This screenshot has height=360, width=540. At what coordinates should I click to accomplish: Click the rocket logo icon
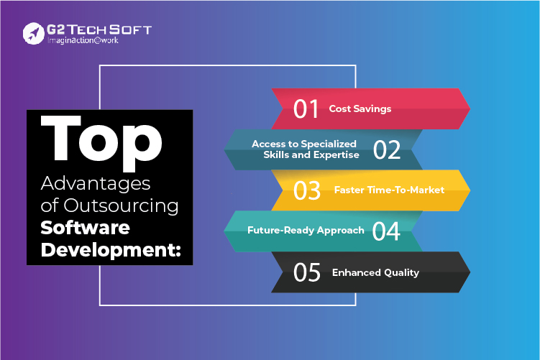33,33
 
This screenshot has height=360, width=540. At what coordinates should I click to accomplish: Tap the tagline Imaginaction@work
83,40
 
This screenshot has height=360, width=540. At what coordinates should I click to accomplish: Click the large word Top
101,142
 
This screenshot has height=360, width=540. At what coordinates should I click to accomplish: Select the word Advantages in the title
96,183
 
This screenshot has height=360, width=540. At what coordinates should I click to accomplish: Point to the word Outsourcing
121,206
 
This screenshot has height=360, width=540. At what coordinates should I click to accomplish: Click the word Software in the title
85,228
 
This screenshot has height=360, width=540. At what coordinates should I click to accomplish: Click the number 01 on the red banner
306,109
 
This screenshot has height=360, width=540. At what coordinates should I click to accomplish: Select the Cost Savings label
360,109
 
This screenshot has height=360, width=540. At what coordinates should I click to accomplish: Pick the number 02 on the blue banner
387,149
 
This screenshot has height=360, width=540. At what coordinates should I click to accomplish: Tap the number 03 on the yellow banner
307,190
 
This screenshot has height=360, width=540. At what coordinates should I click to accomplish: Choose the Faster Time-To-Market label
389,190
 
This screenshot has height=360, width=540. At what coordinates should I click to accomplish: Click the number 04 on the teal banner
386,231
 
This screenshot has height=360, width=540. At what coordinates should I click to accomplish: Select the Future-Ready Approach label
306,230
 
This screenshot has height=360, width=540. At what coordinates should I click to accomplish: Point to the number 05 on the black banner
307,272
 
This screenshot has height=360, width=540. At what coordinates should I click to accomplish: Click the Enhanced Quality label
375,272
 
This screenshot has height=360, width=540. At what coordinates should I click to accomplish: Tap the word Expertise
336,155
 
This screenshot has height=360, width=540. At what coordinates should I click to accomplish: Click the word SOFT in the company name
130,29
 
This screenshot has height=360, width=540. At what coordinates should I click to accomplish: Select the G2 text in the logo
55,29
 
